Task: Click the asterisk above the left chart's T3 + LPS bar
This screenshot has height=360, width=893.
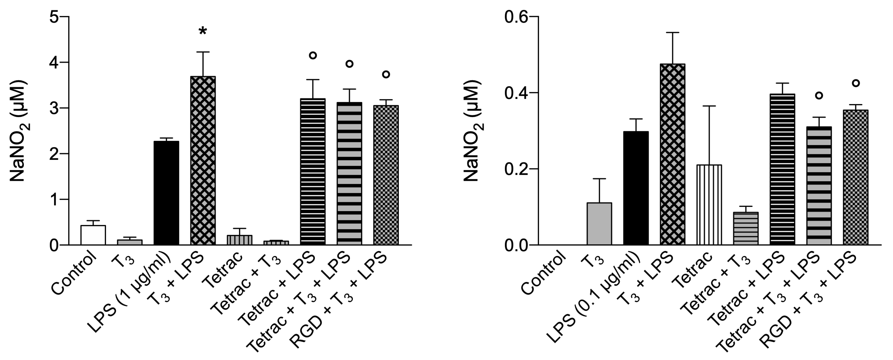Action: (x=203, y=31)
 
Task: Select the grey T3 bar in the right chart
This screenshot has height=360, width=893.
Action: (x=599, y=224)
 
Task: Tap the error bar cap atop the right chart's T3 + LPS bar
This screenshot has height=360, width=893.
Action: (x=673, y=33)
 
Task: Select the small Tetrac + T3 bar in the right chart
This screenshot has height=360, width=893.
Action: (x=746, y=229)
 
